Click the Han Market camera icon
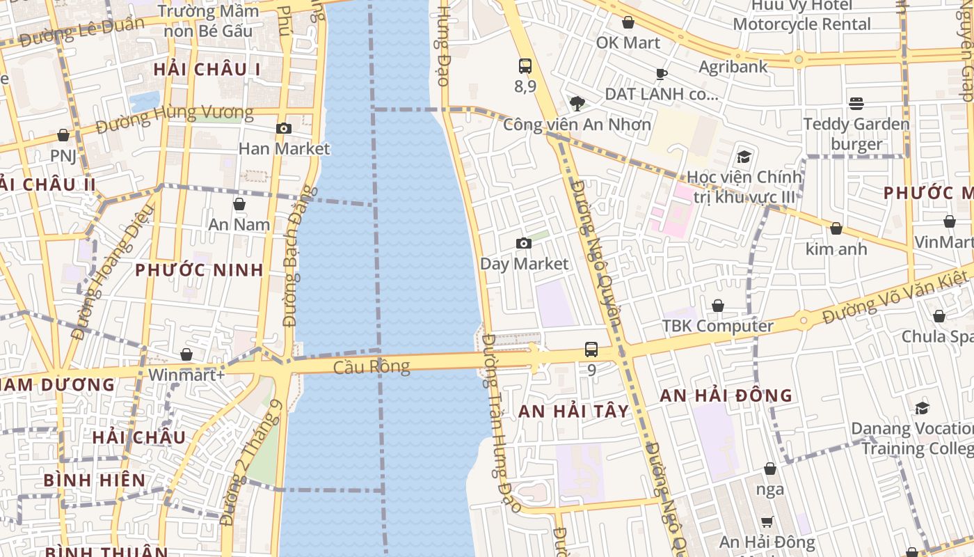283,128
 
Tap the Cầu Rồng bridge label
372,366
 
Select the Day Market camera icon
524,243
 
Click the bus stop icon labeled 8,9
525,66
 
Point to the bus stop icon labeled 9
591,350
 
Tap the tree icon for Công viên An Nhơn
577,104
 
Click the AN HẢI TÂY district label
573,411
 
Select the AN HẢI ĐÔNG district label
726,395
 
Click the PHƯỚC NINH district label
199,270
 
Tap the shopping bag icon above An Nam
239,204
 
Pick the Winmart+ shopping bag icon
186,354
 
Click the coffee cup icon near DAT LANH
661,74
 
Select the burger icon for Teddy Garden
856,104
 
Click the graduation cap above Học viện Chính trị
744,156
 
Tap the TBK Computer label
717,326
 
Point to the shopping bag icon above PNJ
63,134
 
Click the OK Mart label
628,42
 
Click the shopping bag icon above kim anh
836,228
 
